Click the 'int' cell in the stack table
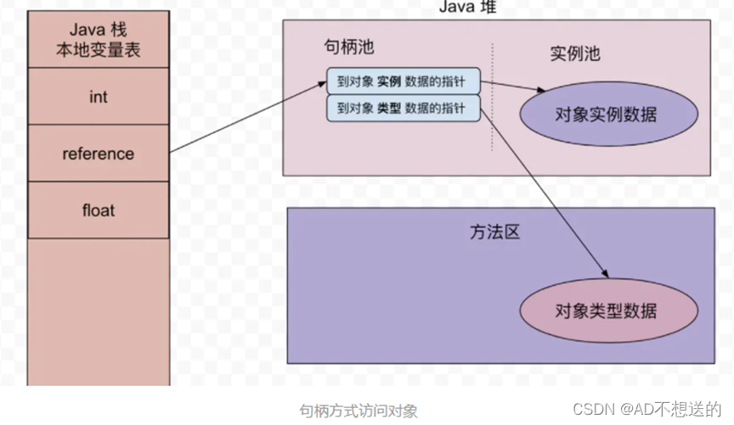coord(98,97)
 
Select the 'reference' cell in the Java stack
coord(98,154)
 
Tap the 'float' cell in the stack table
coord(98,210)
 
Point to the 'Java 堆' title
coord(467,7)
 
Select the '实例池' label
coord(575,53)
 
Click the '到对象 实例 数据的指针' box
coord(403,81)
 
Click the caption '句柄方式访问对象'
coord(359,411)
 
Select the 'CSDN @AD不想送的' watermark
coord(646,409)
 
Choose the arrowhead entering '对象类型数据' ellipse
coord(605,273)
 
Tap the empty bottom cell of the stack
coord(98,310)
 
